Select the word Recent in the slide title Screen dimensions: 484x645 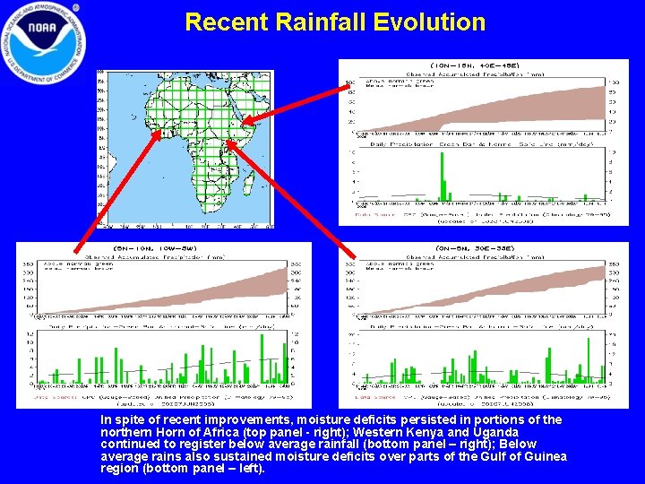click(225, 22)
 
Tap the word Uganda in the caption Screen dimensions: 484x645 click(493, 432)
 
